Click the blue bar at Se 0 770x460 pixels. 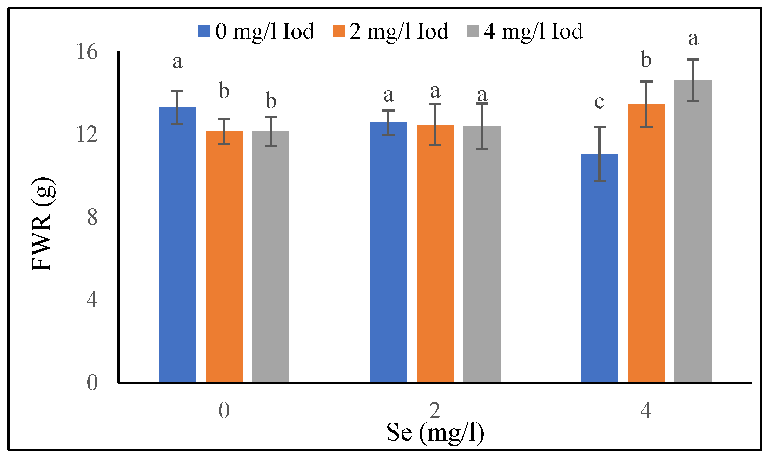(x=177, y=245)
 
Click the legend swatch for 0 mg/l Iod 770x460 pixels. (x=204, y=31)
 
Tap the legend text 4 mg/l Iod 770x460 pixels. (x=533, y=31)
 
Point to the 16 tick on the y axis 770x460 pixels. (x=87, y=51)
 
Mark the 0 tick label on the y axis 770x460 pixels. (x=92, y=382)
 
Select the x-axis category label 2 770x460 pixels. (x=435, y=410)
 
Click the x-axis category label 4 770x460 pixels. (x=646, y=410)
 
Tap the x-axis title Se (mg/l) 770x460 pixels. (x=435, y=433)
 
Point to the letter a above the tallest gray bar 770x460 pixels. (x=693, y=39)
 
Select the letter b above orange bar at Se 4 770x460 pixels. (x=646, y=59)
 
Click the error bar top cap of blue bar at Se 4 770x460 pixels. (x=599, y=127)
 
